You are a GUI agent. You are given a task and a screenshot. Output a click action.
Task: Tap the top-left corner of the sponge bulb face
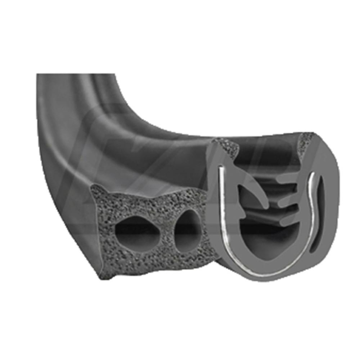click(96, 189)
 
